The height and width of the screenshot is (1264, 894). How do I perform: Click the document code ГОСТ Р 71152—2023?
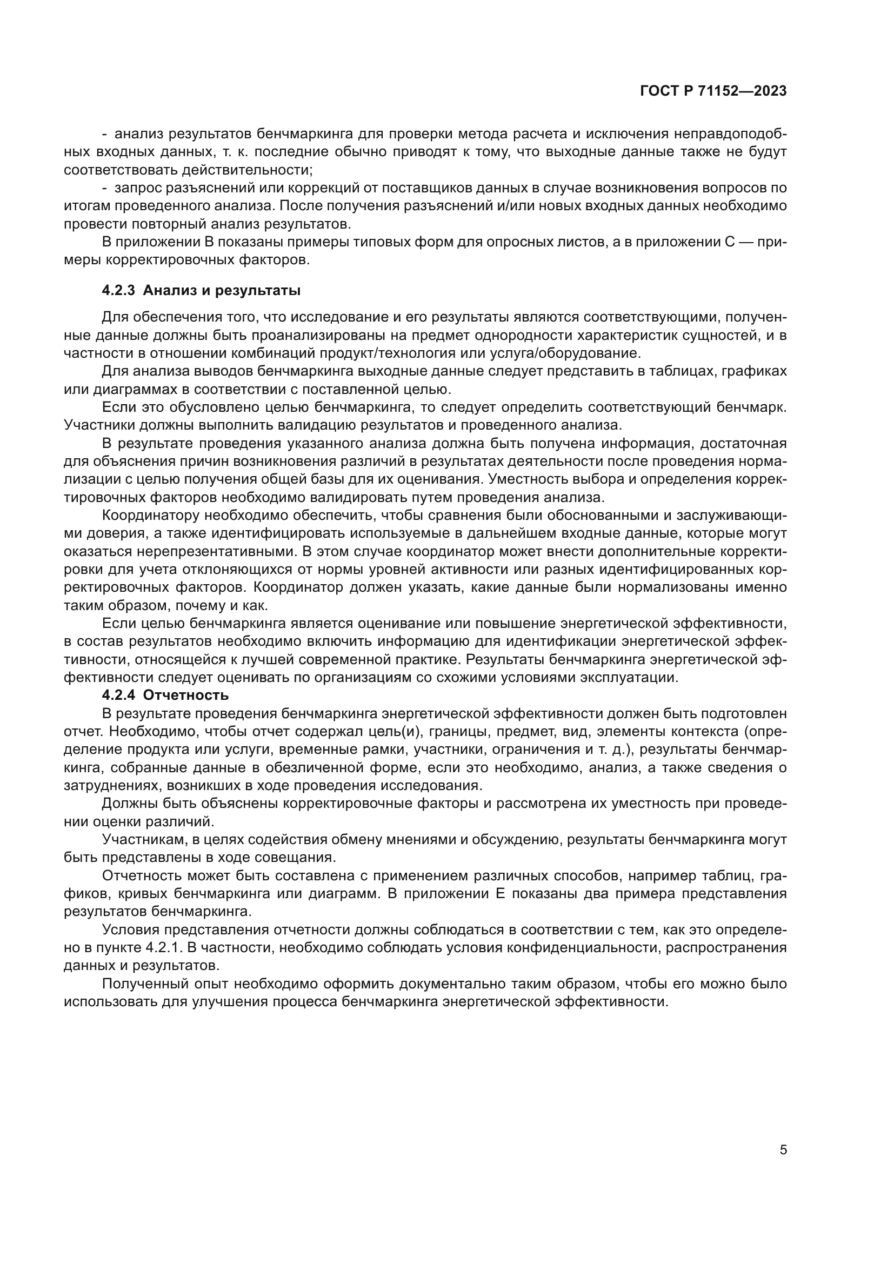713,91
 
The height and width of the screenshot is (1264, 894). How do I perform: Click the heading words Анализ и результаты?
221,291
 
